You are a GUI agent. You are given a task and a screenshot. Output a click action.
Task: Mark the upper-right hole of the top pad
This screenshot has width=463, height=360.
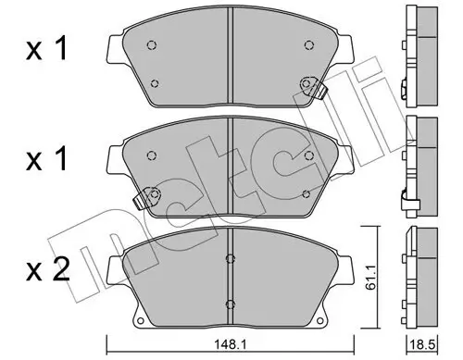click(x=307, y=43)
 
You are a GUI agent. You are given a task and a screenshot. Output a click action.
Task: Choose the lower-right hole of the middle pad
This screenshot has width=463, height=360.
click(x=307, y=192)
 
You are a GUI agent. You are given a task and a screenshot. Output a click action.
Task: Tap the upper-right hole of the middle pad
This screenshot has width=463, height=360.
click(x=307, y=150)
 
